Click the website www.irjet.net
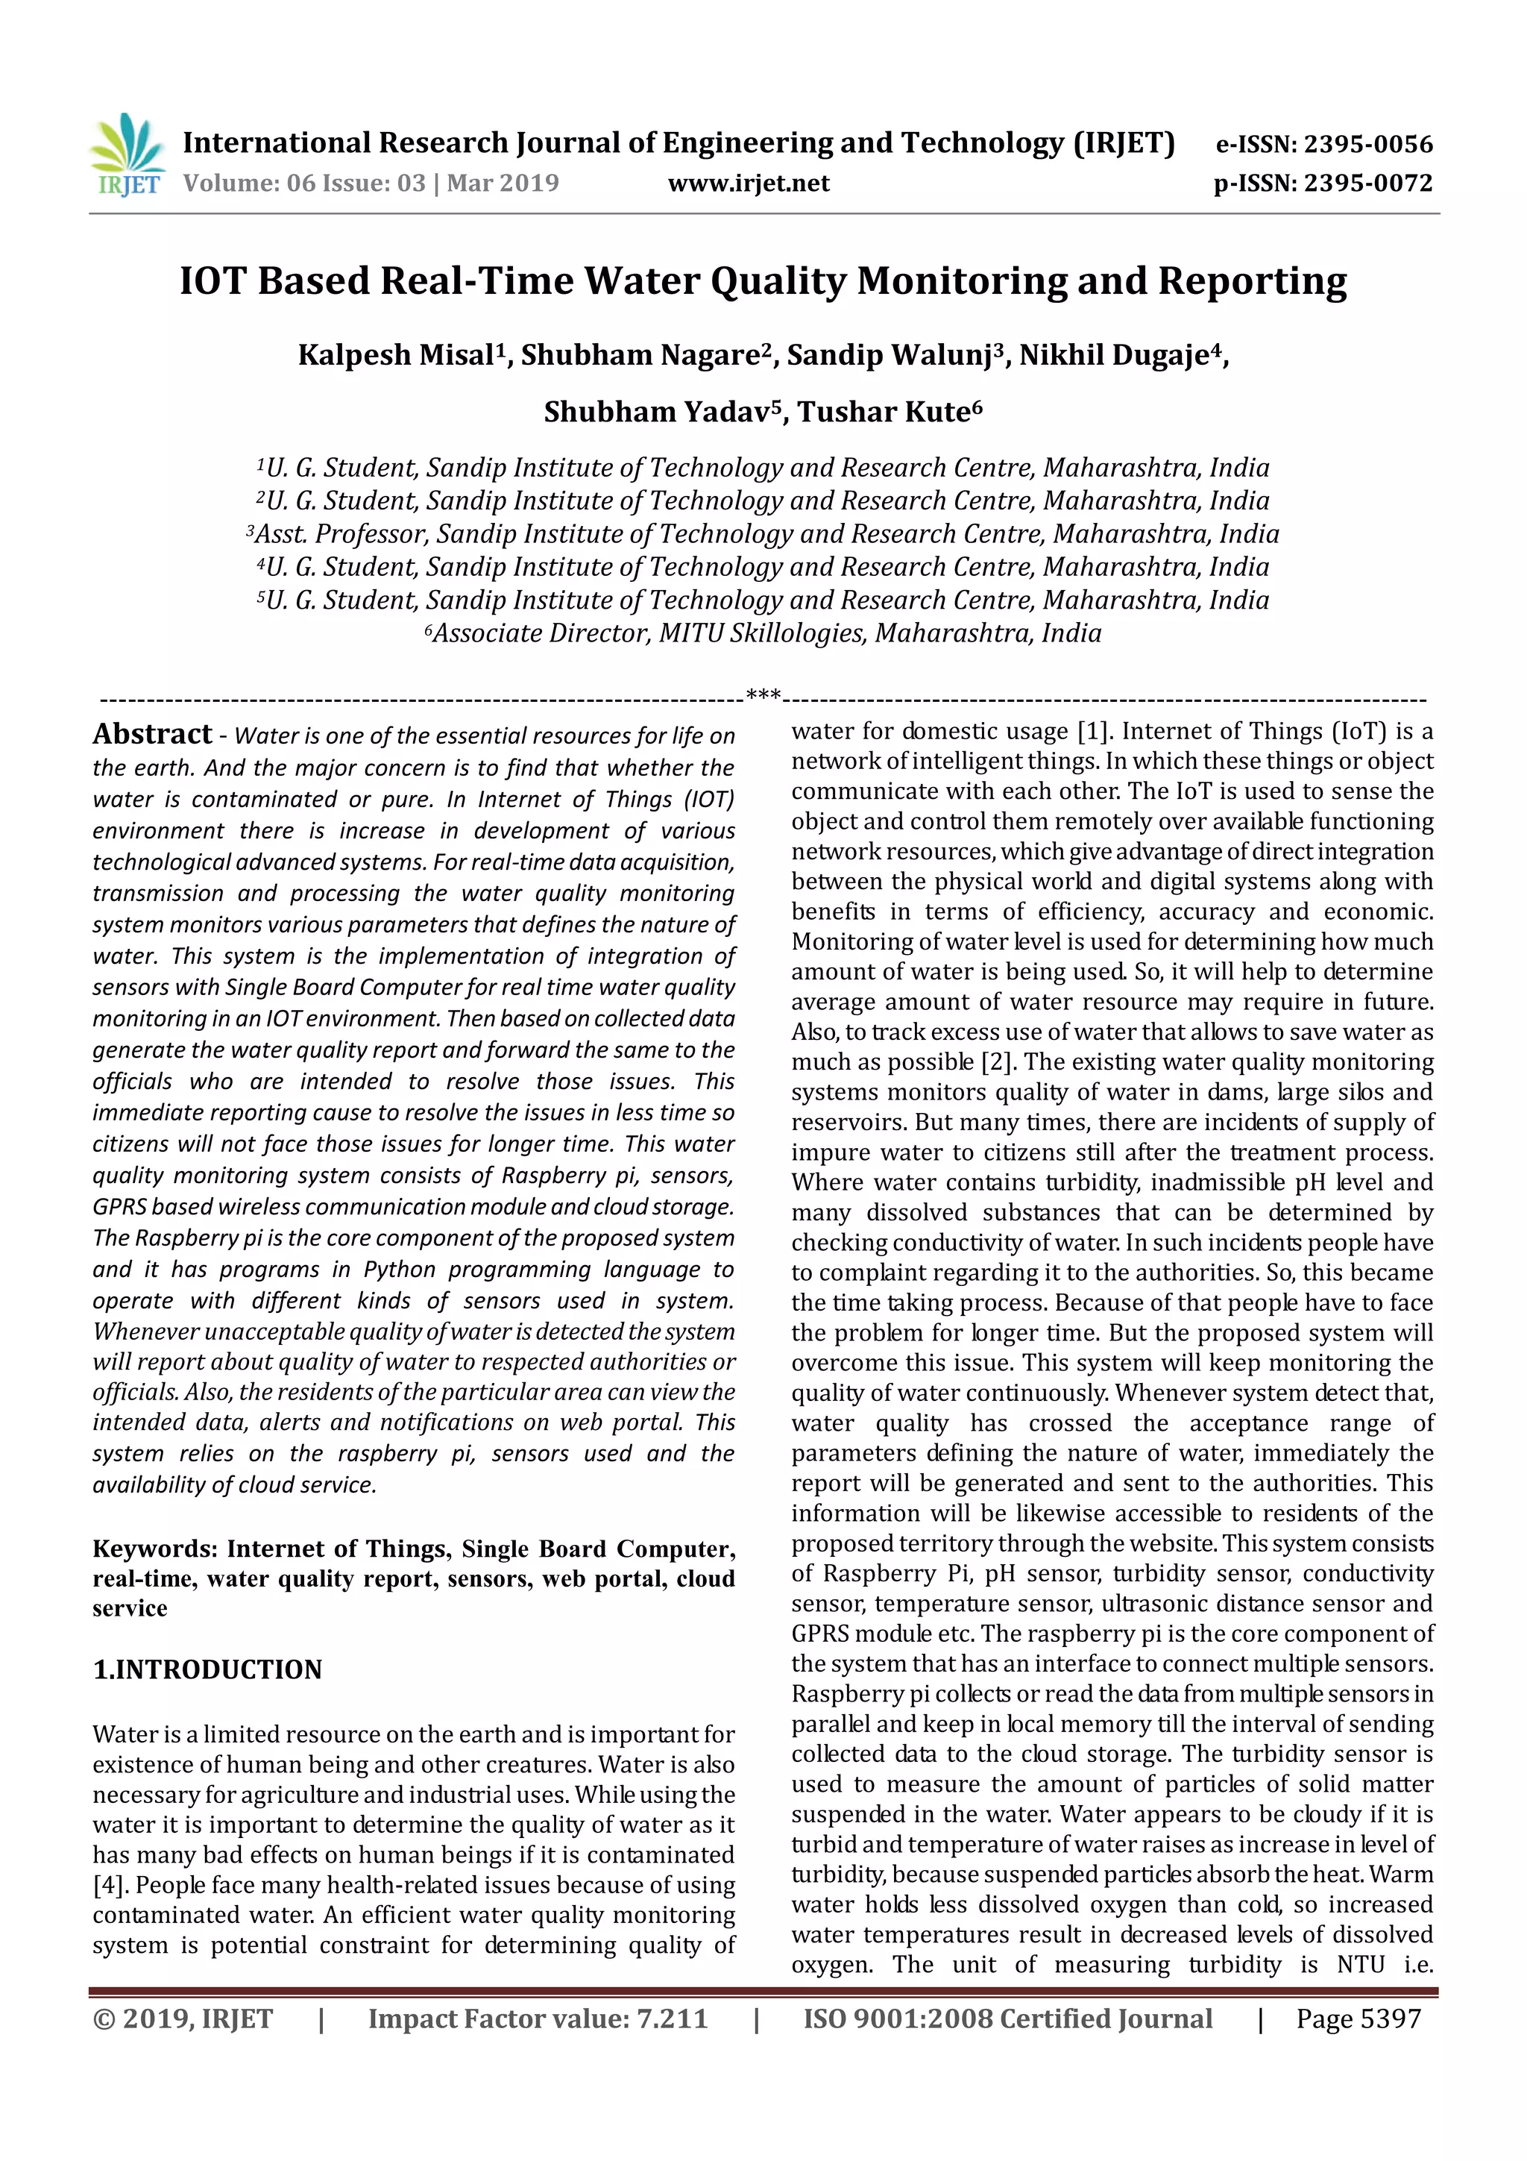click(749, 183)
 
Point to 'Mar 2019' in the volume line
click(503, 183)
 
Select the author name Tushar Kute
click(884, 413)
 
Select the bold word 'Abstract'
click(152, 734)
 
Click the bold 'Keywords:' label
click(155, 1549)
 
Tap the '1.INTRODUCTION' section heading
click(207, 1669)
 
